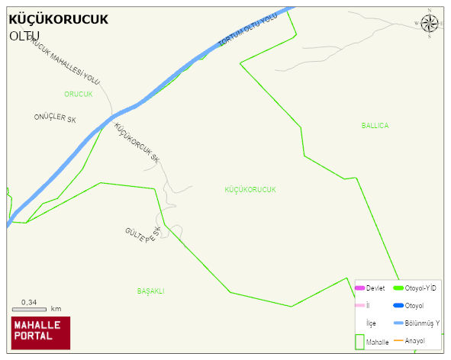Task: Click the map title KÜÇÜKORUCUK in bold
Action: point(59,19)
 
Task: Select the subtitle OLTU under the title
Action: point(24,36)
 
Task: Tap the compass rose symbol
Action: point(430,24)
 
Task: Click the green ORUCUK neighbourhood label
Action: point(78,94)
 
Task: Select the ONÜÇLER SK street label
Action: point(56,119)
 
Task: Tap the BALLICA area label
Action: point(375,125)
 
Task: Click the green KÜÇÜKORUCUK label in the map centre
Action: point(250,189)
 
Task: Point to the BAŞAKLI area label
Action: point(151,291)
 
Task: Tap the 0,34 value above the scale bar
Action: point(29,303)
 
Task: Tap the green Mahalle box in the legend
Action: point(360,342)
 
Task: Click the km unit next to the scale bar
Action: point(56,309)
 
